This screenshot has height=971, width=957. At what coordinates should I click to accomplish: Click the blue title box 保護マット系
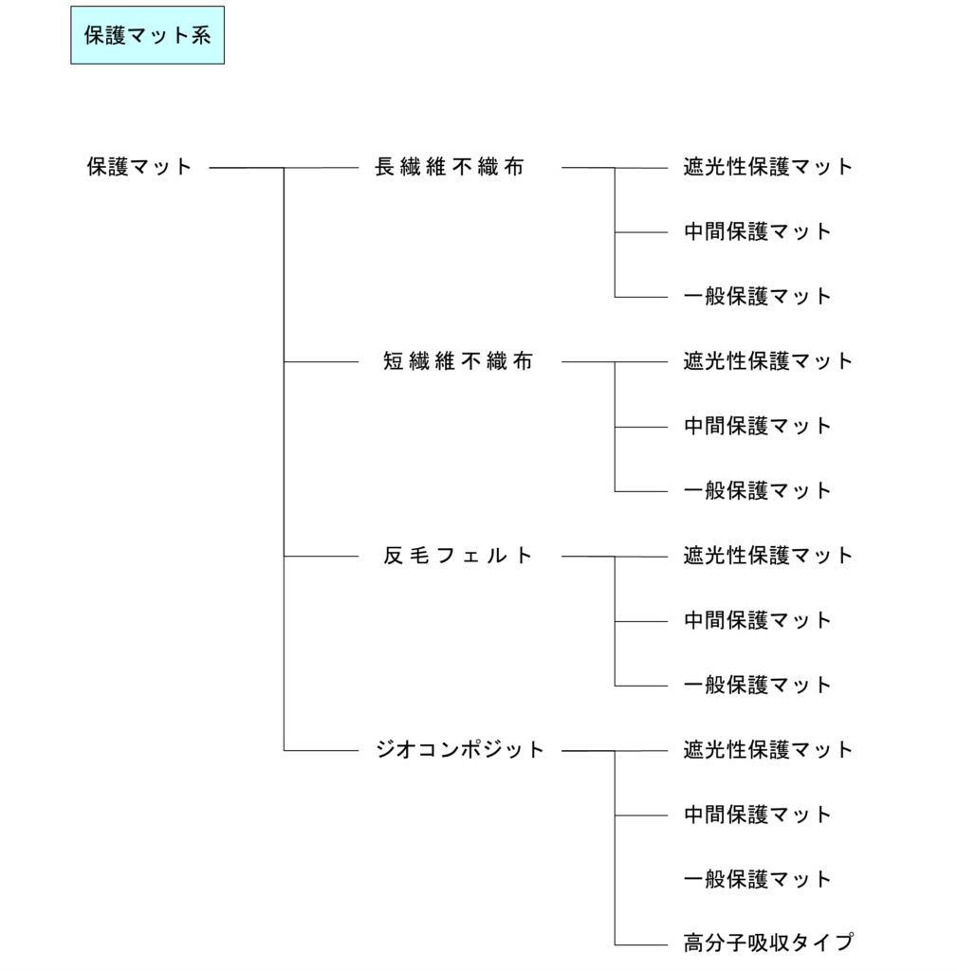147,35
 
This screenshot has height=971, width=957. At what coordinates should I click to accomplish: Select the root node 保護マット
139,167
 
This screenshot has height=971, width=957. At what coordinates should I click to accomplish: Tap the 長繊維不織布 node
450,167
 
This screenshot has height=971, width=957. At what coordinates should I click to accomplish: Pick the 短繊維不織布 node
458,361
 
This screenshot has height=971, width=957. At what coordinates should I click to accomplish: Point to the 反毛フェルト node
458,556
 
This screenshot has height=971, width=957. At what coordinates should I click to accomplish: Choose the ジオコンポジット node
460,750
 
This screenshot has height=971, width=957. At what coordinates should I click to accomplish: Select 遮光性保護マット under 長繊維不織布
768,167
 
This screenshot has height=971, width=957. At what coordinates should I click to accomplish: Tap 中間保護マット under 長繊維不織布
758,231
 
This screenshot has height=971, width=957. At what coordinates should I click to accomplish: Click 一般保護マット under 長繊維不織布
758,296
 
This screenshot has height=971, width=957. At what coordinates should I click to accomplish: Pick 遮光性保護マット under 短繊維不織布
768,361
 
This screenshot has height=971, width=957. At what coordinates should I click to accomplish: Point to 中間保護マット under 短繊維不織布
758,426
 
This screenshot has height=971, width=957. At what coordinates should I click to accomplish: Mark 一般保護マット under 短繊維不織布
758,490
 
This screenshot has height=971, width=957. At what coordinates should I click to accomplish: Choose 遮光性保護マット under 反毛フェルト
768,556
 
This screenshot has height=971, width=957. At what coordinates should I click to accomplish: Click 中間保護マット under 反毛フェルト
758,620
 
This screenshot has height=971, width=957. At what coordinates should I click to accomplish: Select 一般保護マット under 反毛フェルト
758,685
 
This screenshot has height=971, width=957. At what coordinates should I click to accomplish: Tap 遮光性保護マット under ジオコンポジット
768,750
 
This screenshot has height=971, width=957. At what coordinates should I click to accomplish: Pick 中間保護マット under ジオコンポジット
758,815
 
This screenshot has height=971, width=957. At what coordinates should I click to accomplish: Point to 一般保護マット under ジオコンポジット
758,879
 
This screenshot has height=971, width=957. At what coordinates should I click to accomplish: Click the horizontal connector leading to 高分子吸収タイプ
641,945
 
